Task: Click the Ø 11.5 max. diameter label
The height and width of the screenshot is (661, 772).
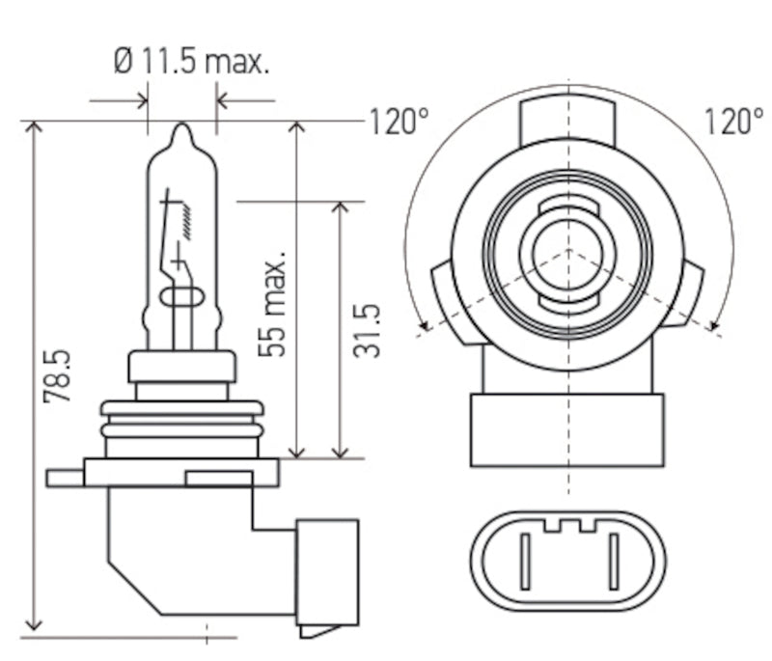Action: click(191, 63)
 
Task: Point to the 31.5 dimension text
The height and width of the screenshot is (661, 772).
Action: click(368, 331)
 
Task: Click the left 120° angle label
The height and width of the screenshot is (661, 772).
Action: click(398, 122)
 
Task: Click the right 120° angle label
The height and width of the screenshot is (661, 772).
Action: click(732, 122)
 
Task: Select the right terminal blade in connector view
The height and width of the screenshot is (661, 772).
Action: click(613, 562)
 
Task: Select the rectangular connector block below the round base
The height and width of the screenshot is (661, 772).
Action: click(567, 429)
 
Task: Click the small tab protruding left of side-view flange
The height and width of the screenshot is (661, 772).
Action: click(65, 477)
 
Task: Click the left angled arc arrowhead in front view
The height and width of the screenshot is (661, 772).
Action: click(423, 328)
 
